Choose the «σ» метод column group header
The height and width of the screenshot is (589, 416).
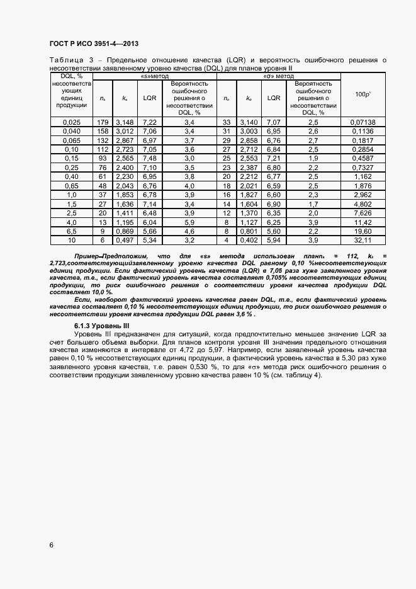279,76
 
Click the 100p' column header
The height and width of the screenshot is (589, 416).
363,94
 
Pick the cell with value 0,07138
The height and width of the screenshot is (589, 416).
363,122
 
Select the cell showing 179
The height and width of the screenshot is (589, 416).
103,122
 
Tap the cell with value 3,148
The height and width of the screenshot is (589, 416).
125,122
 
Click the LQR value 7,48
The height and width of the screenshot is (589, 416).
150,159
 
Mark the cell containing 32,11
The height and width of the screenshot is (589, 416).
363,240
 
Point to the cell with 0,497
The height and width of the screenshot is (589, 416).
125,240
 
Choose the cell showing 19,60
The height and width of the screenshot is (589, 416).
363,231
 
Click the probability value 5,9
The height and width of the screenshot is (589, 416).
189,222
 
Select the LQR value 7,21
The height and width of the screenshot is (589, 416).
274,159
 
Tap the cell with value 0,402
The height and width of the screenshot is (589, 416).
249,240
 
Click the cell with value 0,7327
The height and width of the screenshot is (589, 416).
363,168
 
